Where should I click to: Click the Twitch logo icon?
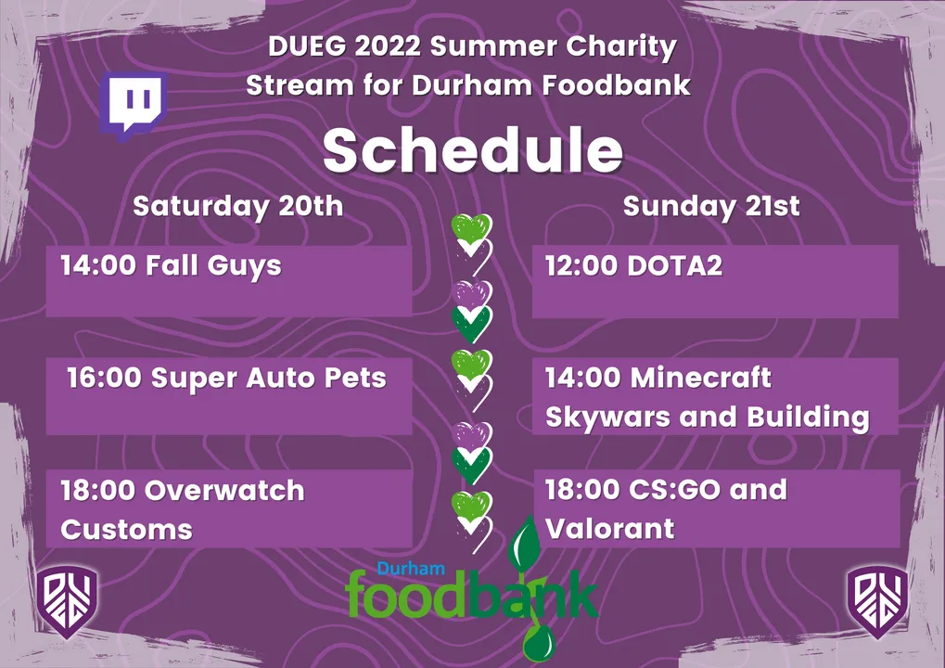point(134,106)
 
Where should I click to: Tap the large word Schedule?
point(473,150)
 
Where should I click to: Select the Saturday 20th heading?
point(238,206)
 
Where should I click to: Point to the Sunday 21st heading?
point(711,206)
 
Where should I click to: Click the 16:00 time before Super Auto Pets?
point(104,378)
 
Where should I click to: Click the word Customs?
point(126,530)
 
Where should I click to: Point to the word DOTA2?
point(675,265)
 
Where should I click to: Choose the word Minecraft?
point(701,378)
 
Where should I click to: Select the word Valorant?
point(610,529)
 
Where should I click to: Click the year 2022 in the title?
point(387,46)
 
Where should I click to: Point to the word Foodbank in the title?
point(616,85)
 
